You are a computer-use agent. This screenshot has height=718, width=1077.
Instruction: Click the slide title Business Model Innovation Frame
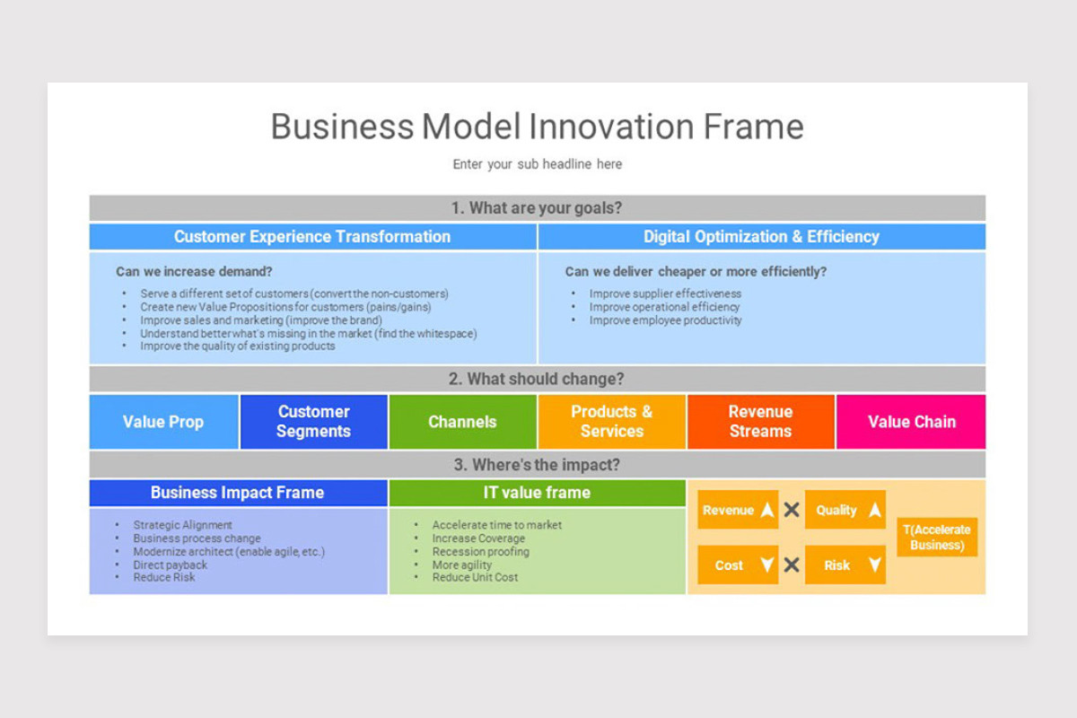537,127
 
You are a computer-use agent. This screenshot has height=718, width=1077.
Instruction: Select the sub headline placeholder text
537,164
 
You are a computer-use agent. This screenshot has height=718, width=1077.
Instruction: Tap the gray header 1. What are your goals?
537,208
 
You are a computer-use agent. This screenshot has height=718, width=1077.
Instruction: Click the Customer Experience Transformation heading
312,237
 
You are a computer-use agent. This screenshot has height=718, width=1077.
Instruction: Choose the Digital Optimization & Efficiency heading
761,237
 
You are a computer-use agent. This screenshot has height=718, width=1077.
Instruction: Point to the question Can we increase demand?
194,271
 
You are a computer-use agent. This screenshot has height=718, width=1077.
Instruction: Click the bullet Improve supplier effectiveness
665,293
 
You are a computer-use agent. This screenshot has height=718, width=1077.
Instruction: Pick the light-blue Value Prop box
163,422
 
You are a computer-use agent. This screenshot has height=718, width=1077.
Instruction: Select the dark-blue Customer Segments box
313,422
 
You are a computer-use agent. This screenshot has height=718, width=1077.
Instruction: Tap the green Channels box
462,422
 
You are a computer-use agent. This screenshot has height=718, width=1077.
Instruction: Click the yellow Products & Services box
611,422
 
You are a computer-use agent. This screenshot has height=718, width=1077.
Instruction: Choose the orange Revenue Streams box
760,422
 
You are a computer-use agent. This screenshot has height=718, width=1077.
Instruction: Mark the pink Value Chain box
911,422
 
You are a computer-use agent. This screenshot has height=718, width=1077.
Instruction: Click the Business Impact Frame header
237,493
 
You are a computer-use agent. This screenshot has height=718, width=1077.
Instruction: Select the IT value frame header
537,493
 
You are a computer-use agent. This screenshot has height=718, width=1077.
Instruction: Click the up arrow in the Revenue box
766,510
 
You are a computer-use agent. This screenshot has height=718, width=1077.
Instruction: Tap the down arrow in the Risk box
874,565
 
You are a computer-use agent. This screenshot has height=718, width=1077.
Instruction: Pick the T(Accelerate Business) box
937,538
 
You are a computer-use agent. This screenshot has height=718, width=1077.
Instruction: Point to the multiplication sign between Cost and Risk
792,565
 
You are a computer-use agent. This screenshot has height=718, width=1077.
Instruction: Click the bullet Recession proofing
480,552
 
